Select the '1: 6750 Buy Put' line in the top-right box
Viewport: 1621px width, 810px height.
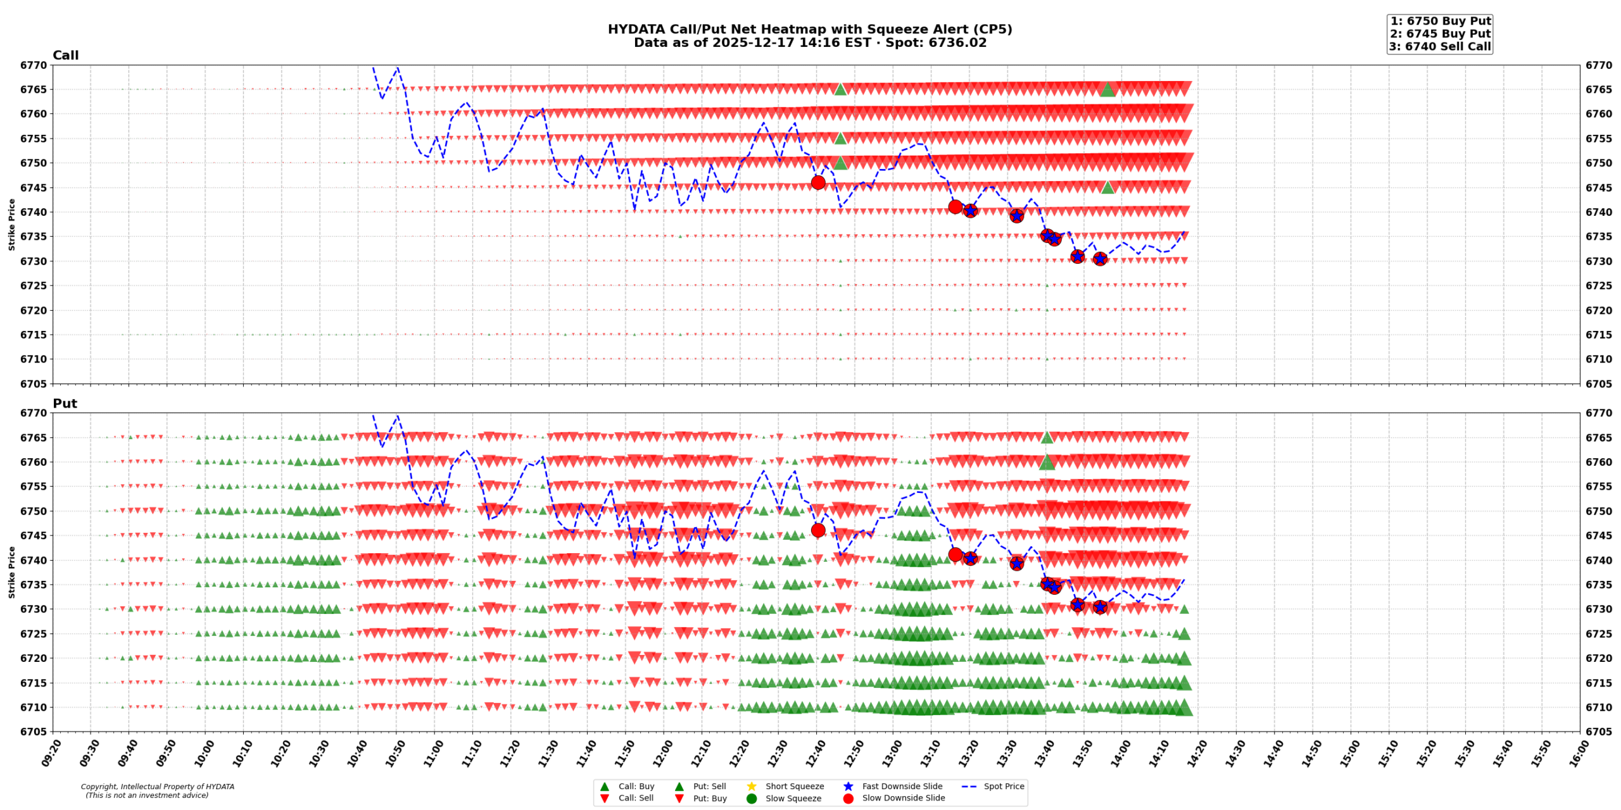pyautogui.click(x=1440, y=21)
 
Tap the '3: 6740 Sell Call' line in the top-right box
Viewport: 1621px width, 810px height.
pyautogui.click(x=1440, y=46)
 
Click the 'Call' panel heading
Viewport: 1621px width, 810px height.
pyautogui.click(x=65, y=55)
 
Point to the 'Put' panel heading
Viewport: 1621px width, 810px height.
pyautogui.click(x=65, y=403)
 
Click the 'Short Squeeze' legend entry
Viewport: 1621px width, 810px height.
pyautogui.click(x=794, y=786)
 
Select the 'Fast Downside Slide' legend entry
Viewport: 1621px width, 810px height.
pyautogui.click(x=902, y=786)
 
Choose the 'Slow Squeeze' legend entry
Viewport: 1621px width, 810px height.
pyautogui.click(x=793, y=798)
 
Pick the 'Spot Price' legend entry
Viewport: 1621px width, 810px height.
pyautogui.click(x=1004, y=786)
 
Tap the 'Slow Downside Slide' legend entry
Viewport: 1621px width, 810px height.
pyautogui.click(x=903, y=798)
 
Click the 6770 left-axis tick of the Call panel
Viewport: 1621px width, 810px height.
pyautogui.click(x=34, y=65)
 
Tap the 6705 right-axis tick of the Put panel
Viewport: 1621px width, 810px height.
pyautogui.click(x=1598, y=732)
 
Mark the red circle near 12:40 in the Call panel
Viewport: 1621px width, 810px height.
pyautogui.click(x=817, y=182)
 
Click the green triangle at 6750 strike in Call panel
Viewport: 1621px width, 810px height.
pyautogui.click(x=840, y=163)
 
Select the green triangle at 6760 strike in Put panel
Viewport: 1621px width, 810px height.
pyautogui.click(x=1047, y=463)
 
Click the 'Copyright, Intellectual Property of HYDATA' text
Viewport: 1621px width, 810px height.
pyautogui.click(x=157, y=787)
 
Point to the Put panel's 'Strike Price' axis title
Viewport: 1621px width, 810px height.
pyautogui.click(x=11, y=572)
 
